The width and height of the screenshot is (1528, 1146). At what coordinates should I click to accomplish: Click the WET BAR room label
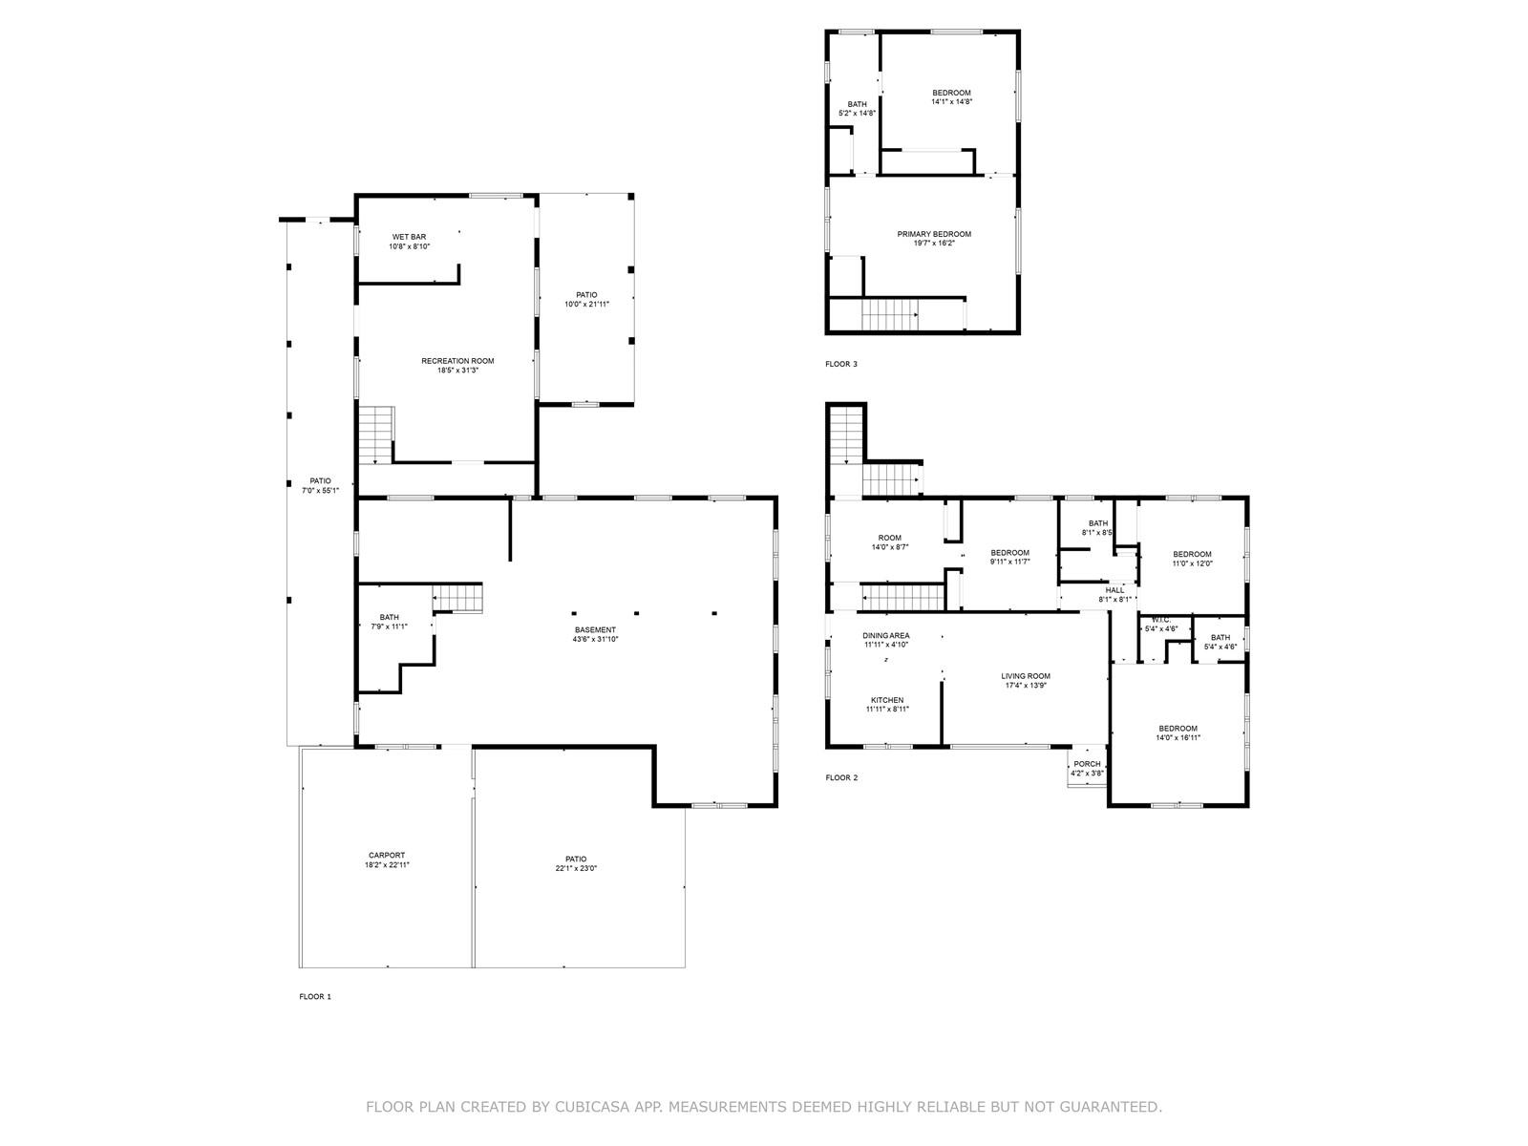(x=409, y=237)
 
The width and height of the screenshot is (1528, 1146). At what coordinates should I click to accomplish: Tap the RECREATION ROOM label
(x=457, y=361)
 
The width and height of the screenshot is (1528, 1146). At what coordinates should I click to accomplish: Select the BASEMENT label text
(x=595, y=630)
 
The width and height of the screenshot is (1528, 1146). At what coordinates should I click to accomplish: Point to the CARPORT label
(x=387, y=856)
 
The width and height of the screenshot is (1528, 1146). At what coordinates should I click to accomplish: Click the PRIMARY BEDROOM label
(x=933, y=235)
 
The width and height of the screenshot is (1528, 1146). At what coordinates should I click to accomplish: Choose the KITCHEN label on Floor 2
(x=887, y=701)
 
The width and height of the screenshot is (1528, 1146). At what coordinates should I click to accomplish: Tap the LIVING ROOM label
(x=1026, y=676)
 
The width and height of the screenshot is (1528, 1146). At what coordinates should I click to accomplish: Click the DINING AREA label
(x=885, y=636)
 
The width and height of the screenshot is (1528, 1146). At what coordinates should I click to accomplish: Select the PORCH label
(x=1087, y=764)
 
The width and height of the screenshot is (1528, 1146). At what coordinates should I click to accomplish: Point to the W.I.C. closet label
(x=1161, y=620)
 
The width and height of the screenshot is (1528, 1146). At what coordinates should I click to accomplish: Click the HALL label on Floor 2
(x=1114, y=590)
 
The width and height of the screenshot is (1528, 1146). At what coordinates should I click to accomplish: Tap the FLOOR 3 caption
(x=841, y=364)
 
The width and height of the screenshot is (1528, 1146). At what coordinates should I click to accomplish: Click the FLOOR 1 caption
(x=314, y=996)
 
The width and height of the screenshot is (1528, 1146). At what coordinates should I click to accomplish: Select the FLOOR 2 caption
(x=841, y=777)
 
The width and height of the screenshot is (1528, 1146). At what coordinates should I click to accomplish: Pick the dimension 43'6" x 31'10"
(x=595, y=640)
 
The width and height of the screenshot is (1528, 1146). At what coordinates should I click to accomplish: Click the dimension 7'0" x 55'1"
(x=320, y=491)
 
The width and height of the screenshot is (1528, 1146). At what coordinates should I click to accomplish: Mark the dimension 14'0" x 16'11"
(x=1178, y=737)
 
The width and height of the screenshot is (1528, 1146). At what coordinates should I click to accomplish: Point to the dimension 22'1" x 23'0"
(x=576, y=868)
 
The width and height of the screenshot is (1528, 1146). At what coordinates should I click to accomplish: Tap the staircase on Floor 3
(x=890, y=315)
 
